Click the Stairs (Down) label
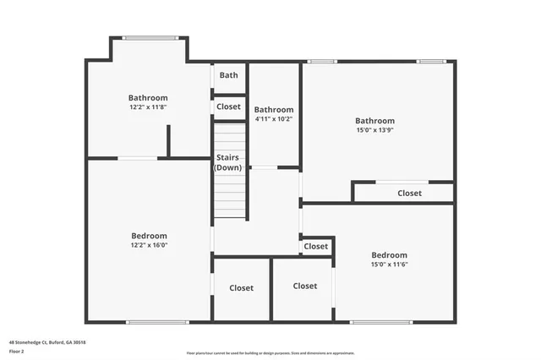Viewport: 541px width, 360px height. [x=228, y=162]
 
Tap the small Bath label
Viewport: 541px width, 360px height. [x=228, y=75]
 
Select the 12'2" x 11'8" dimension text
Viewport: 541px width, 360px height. [x=148, y=107]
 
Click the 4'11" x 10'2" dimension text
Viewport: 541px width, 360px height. [x=274, y=119]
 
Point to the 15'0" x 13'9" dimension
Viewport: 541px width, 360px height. [x=374, y=130]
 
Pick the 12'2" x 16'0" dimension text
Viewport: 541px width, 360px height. [x=149, y=245]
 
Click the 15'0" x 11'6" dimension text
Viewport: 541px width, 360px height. [x=389, y=265]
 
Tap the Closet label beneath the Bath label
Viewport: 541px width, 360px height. [x=228, y=106]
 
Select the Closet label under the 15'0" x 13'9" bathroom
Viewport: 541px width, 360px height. [x=409, y=194]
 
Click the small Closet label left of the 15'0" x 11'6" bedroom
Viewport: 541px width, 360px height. [x=315, y=247]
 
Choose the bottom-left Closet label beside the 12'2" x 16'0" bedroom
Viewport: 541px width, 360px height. [x=241, y=288]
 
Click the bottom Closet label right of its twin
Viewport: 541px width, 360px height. [x=304, y=286]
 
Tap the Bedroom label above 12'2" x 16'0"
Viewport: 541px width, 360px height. [x=149, y=236]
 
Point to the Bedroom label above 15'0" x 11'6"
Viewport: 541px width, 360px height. [x=389, y=255]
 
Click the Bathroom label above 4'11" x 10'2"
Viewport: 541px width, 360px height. [x=274, y=110]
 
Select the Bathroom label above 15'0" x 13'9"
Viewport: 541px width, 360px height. [x=374, y=121]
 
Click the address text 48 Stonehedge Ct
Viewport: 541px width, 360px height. [x=47, y=342]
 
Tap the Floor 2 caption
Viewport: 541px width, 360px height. [x=17, y=351]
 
